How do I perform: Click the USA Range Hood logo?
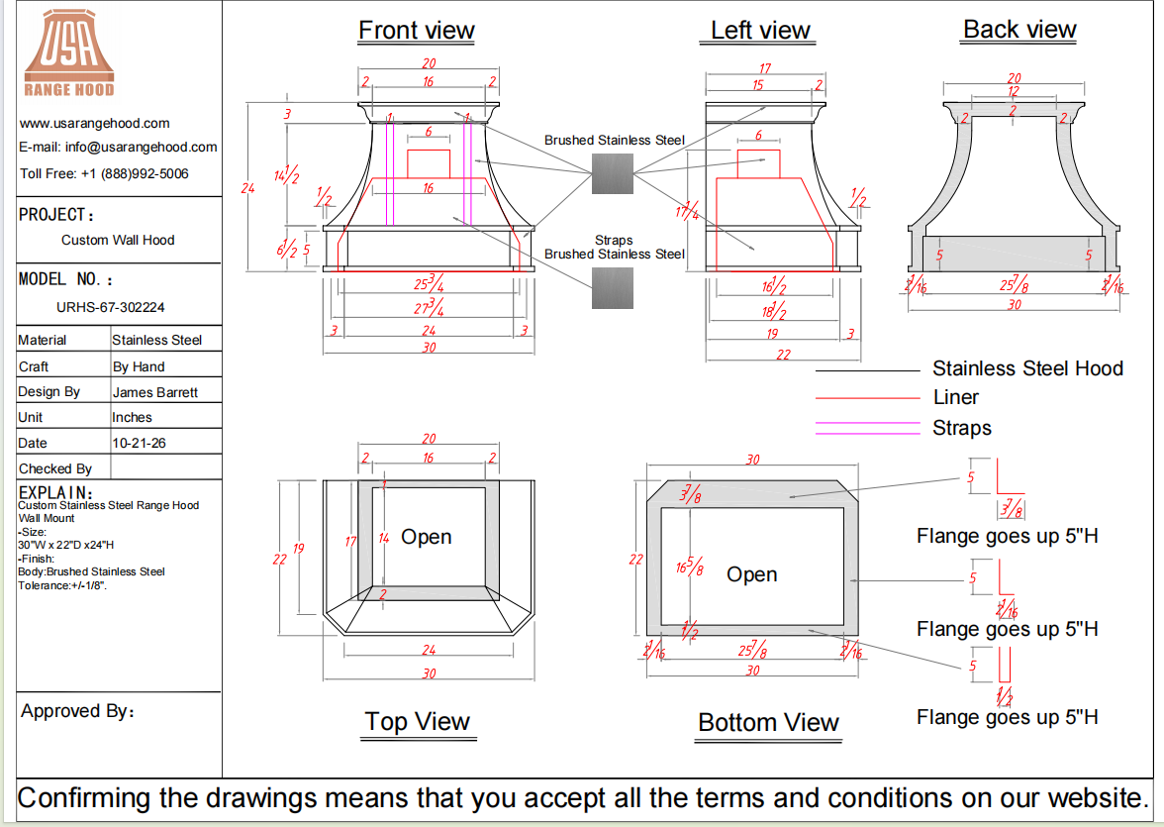coord(69,53)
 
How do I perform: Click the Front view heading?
coord(417,31)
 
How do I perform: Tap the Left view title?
coord(760,31)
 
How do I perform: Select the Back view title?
coord(1019,30)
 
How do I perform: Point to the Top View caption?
coord(418,721)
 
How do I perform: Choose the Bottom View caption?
coord(768,722)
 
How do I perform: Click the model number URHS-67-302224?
coord(111,308)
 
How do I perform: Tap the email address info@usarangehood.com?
coord(141,148)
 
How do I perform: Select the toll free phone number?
coord(135,174)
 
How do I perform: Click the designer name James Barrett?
coord(155,392)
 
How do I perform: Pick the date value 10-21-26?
coord(139,443)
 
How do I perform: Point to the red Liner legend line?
coord(867,398)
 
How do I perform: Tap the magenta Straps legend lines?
coord(867,428)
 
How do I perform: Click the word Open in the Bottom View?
coord(752,575)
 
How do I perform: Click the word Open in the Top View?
coord(426,537)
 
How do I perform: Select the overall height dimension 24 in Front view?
coord(247,188)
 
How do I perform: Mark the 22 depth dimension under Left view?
coord(783,355)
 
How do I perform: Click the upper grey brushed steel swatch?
coord(613,174)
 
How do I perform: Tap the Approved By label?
coord(78,711)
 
